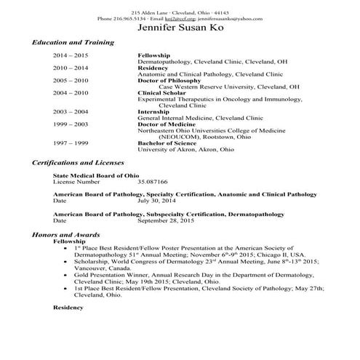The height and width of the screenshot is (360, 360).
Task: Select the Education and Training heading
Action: pos(73,43)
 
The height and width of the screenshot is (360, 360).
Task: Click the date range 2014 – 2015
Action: pos(71,55)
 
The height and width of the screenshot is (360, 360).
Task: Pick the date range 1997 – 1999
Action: pos(71,143)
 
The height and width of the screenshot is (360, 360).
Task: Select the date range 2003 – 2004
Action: pos(71,111)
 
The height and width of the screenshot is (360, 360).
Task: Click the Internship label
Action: pos(154,111)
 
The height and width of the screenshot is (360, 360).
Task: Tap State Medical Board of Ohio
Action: pos(96,175)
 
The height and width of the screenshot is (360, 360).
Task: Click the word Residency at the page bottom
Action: pos(68,308)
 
